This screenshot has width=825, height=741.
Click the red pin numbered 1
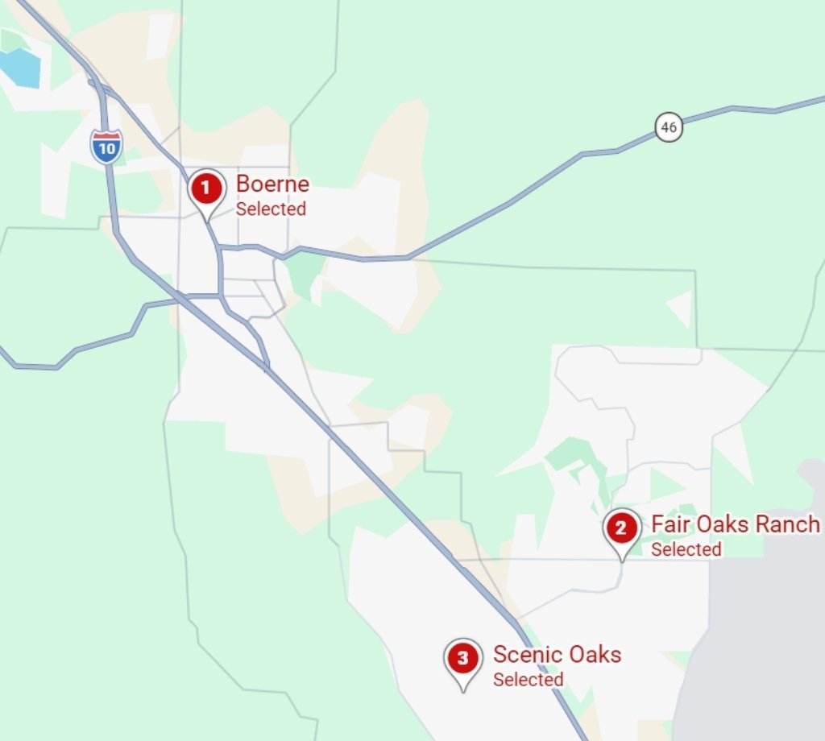coord(207,190)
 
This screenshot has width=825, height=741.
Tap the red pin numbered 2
coord(621,529)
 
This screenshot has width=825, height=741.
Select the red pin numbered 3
coord(462,659)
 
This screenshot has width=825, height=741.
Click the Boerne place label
coord(272,184)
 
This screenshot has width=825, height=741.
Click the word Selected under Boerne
coord(271,209)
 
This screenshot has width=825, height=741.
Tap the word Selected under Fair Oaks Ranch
coord(686,549)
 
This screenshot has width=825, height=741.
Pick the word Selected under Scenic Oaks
coord(528,680)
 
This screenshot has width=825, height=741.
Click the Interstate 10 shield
coord(106,147)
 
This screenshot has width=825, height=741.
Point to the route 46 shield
coord(669,127)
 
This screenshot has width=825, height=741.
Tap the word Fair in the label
coord(668,524)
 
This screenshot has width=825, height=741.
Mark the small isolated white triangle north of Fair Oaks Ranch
coord(682,307)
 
